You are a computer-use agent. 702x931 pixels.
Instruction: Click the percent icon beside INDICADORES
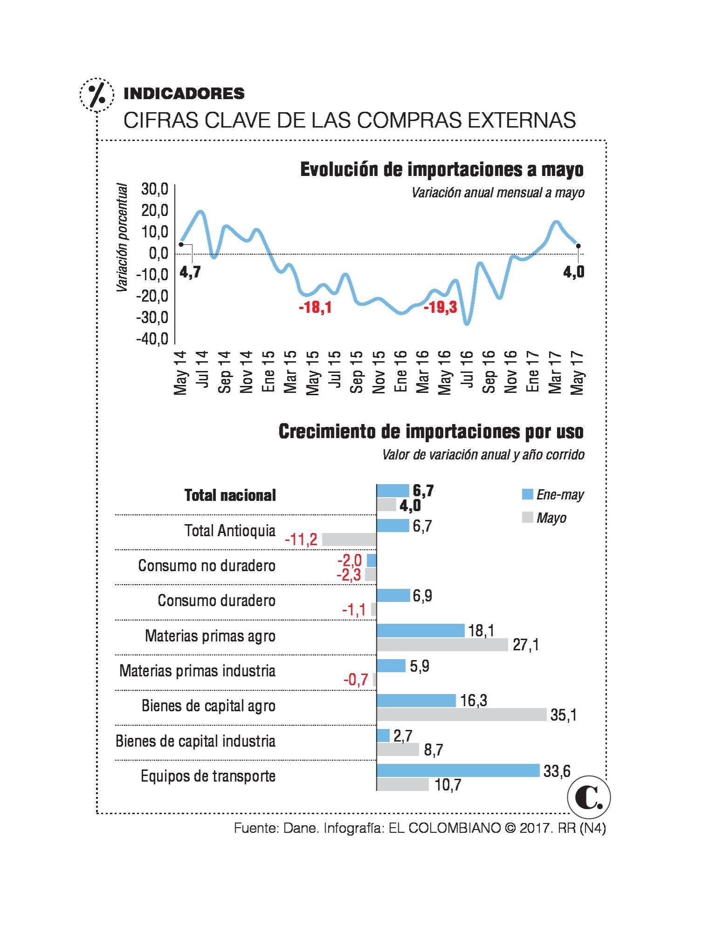tap(96, 94)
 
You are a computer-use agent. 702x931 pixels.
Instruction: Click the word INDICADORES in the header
tap(184, 94)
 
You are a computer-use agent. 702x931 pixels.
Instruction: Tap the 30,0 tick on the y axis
tap(155, 189)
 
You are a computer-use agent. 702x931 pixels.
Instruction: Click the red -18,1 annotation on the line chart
tap(315, 308)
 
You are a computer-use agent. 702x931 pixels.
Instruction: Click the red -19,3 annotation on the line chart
tap(440, 307)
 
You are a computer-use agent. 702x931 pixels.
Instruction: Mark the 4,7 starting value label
tap(190, 272)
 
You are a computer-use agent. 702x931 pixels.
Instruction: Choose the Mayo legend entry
tap(545, 518)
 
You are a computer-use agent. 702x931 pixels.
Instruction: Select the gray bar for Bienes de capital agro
tap(461, 715)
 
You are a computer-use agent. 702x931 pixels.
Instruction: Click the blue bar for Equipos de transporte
tap(457, 771)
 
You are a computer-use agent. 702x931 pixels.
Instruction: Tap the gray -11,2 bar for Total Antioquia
tap(349, 540)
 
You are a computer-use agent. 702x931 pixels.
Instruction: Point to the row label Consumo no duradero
tap(207, 566)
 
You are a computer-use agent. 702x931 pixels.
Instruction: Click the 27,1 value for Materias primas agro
tap(525, 645)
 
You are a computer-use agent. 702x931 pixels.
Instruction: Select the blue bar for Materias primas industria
tap(391, 666)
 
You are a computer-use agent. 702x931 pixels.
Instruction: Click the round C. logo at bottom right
tap(589, 799)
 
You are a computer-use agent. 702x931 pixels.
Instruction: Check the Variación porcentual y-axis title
tap(122, 238)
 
